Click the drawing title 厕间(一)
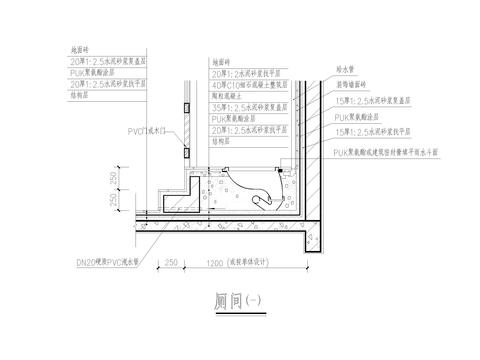coord(238,300)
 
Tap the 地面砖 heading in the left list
coord(76,47)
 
